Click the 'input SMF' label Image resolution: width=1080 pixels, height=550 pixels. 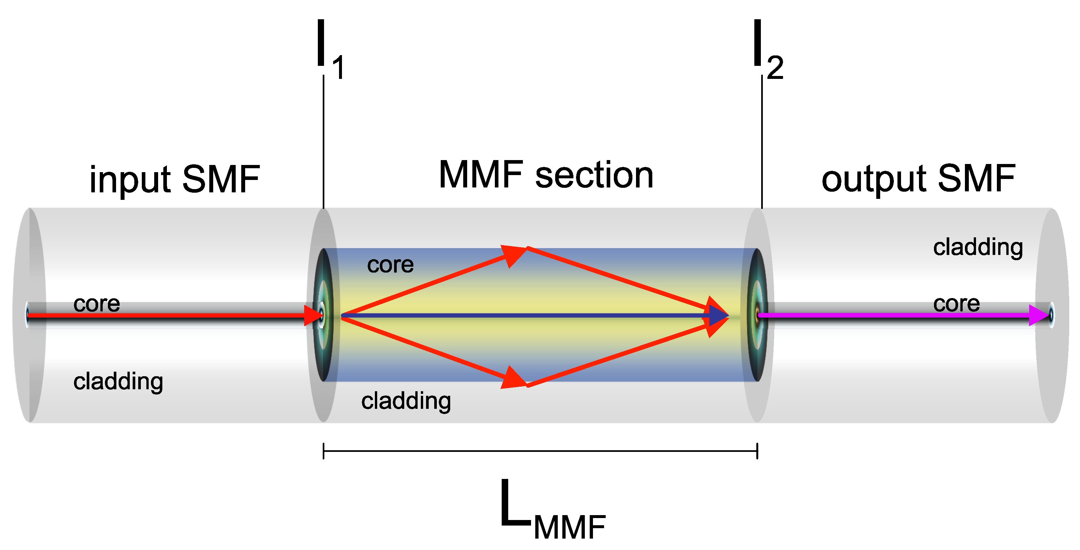[175, 179]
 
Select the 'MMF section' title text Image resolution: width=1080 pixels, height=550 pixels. [546, 175]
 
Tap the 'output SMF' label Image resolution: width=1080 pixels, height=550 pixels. [918, 179]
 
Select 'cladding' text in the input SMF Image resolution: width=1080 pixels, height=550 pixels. [118, 381]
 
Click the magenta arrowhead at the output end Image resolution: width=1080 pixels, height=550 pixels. [1039, 315]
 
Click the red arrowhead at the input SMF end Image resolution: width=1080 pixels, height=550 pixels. [312, 315]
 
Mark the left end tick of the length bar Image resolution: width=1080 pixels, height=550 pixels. [324, 451]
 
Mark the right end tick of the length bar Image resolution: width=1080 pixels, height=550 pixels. [757, 451]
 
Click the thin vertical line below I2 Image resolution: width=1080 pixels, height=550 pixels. [762, 142]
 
